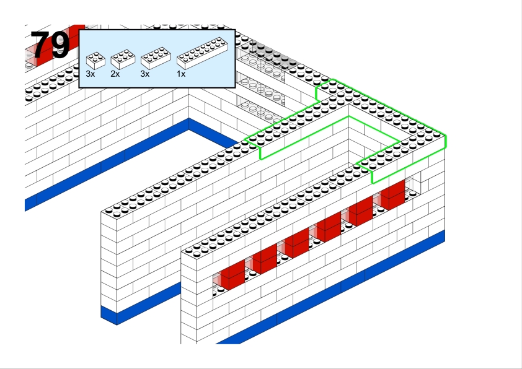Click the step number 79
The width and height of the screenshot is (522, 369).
pyautogui.click(x=50, y=45)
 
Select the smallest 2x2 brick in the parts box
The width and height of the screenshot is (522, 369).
pyautogui.click(x=95, y=61)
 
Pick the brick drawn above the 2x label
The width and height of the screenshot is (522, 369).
pyautogui.click(x=123, y=59)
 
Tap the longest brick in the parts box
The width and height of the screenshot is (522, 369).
pyautogui.click(x=202, y=53)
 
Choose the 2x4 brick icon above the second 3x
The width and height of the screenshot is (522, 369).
pyautogui.click(x=156, y=58)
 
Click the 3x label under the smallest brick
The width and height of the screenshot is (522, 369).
pyautogui.click(x=91, y=74)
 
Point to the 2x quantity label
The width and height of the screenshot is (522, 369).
pyautogui.click(x=115, y=74)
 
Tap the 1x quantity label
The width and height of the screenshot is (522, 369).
pyautogui.click(x=181, y=74)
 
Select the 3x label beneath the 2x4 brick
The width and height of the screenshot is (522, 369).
pyautogui.click(x=145, y=74)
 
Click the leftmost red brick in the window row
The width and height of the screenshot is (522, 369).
pyautogui.click(x=232, y=275)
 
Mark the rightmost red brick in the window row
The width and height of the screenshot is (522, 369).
pyautogui.click(x=392, y=195)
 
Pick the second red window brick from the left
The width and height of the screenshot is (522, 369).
pyautogui.click(x=265, y=259)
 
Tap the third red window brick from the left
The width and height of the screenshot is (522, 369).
pyautogui.click(x=296, y=243)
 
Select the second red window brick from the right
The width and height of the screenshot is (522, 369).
pyautogui.click(x=361, y=211)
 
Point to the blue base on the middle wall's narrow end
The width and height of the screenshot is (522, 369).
pyautogui.click(x=109, y=316)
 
